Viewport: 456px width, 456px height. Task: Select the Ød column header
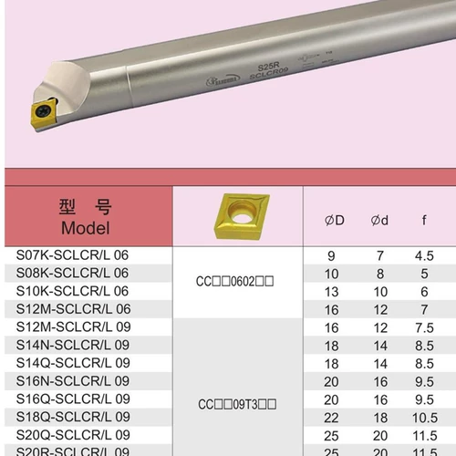click(x=380, y=220)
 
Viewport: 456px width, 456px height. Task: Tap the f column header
click(x=424, y=220)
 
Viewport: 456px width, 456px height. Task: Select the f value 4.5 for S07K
click(x=424, y=255)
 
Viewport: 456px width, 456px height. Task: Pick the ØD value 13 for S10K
click(x=330, y=291)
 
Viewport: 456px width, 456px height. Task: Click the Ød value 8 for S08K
click(x=380, y=273)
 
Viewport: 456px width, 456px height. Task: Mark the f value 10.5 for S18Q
click(x=424, y=416)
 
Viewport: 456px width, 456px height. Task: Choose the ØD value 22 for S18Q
click(x=330, y=416)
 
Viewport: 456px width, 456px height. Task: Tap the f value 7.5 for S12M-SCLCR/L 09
click(x=424, y=327)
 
